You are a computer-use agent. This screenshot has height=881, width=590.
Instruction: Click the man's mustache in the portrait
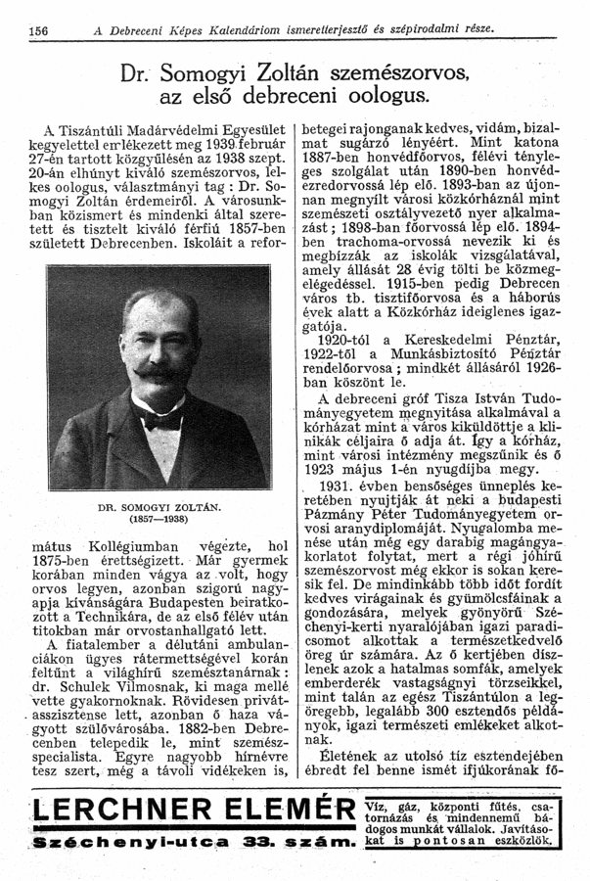pos(159,372)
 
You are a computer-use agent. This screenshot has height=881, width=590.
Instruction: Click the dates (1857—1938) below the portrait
pos(161,519)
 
